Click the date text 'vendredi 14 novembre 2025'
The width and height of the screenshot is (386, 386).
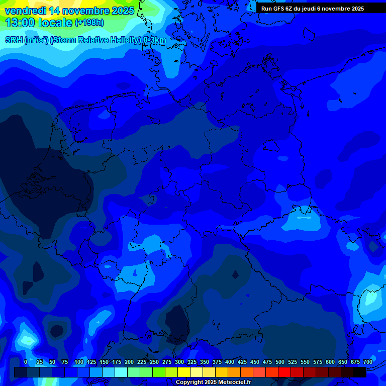[x=69, y=11]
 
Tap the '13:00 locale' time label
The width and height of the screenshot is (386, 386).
[x=38, y=23]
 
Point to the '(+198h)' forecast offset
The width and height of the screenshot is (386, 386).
[x=89, y=23]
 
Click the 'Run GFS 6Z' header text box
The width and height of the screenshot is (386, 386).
[x=313, y=9]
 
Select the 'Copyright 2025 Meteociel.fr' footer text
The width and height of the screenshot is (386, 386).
[x=213, y=382]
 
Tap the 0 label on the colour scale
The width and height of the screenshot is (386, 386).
[x=26, y=362]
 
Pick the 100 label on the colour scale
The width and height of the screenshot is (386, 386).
[x=79, y=362]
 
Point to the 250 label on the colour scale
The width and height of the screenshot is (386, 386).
[x=154, y=362]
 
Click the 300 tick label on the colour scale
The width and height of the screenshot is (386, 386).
[x=179, y=362]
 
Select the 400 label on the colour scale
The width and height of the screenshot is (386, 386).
[x=230, y=362]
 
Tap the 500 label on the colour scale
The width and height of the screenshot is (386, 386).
[x=280, y=362]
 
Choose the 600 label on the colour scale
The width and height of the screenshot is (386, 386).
[x=330, y=362]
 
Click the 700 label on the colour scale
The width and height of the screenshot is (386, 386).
[x=367, y=362]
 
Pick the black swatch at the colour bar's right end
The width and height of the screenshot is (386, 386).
[x=360, y=372]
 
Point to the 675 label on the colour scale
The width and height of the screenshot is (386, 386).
[x=355, y=362]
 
